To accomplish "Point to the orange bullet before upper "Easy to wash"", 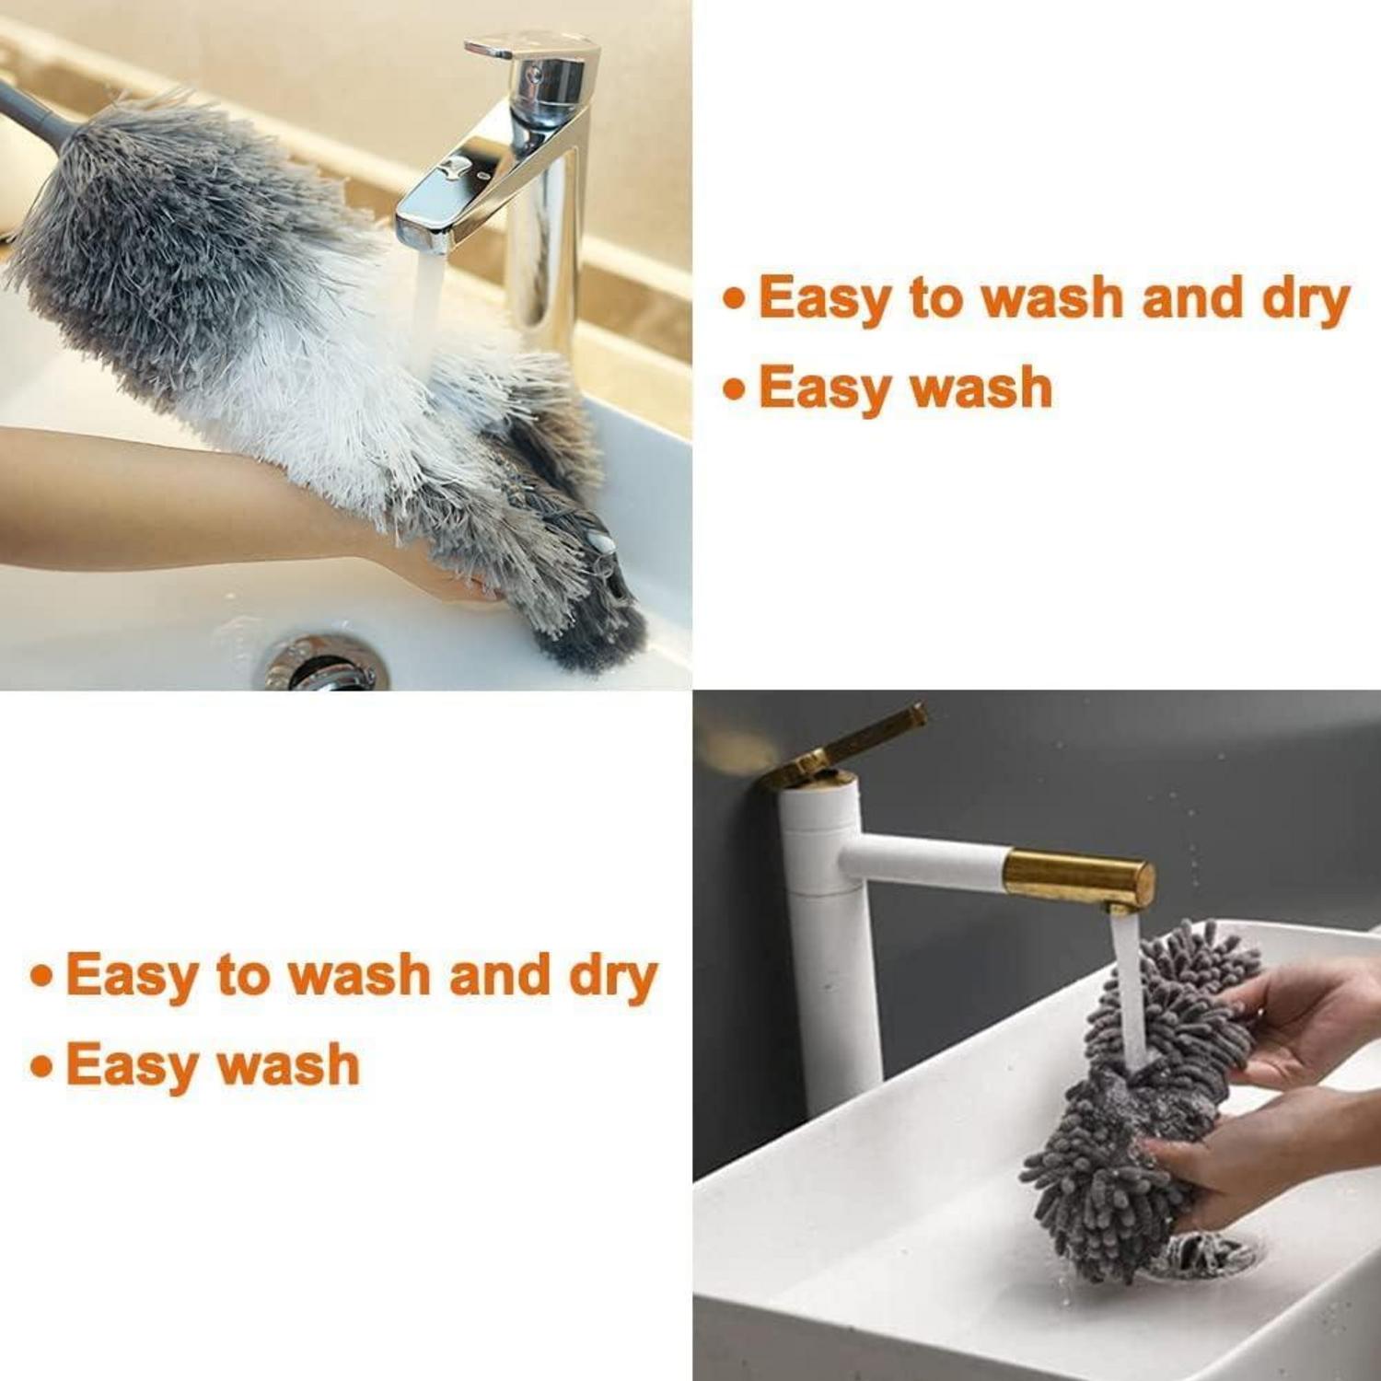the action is pyautogui.click(x=735, y=299).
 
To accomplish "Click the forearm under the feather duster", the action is pyautogui.click(x=184, y=497).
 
